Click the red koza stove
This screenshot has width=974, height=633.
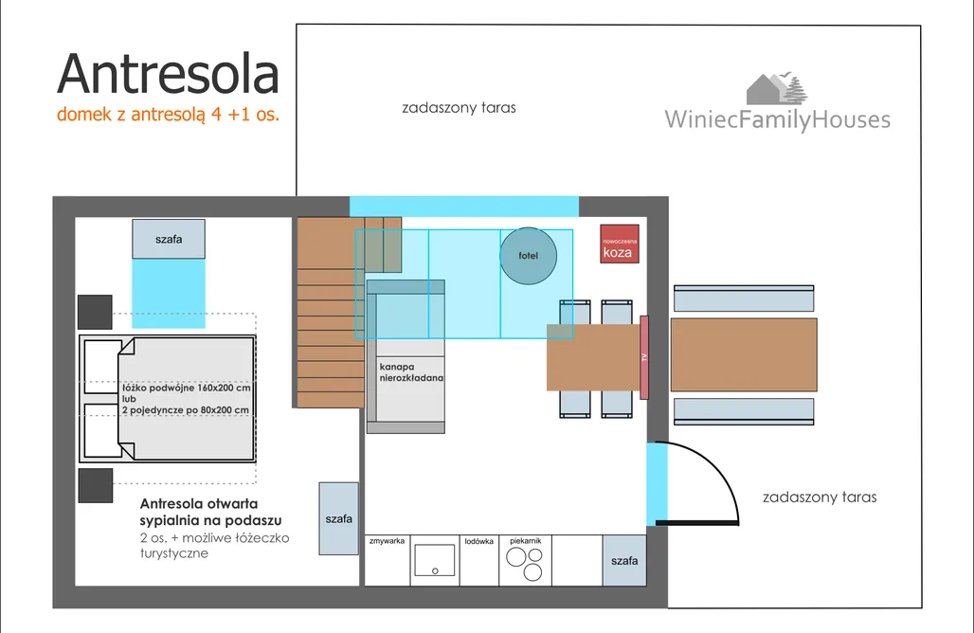coord(620,244)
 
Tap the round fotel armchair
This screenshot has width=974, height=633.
coord(528,256)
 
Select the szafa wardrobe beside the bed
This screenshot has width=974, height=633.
coord(169,239)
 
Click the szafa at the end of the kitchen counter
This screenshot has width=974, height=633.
coord(624,560)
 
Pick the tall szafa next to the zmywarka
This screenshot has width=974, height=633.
coord(338,518)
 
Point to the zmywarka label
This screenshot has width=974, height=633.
coord(387,541)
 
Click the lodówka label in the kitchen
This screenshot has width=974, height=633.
coord(478,541)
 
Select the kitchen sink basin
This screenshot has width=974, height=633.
coord(435,560)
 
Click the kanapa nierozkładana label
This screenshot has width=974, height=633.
coord(411,372)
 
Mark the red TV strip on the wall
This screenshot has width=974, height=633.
coord(644,357)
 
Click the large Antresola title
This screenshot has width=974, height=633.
coord(169,74)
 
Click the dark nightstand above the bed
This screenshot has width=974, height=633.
coord(95,312)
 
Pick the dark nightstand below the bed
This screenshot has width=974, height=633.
coord(96,485)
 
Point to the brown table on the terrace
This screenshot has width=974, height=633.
coord(744,354)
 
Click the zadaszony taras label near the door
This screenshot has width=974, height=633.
coord(820,497)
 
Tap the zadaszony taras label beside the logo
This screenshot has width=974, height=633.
coord(459,107)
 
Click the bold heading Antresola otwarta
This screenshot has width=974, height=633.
coord(199,504)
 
